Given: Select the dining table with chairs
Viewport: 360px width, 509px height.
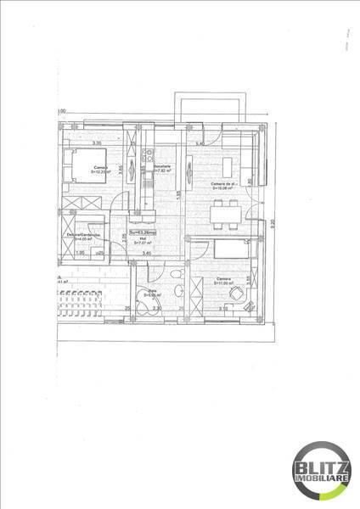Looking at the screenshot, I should tap(225, 212).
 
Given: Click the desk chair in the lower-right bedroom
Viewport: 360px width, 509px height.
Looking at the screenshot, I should tap(235, 294).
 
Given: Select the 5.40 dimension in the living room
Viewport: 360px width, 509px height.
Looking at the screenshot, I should tap(200, 144).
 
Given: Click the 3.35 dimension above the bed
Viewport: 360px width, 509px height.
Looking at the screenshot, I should tap(97, 143).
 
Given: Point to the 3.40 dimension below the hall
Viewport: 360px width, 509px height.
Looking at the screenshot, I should tap(146, 253).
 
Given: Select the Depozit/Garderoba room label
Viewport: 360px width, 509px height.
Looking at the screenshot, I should tap(82, 235).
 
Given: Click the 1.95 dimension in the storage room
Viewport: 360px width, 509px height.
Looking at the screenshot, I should tap(81, 253).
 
